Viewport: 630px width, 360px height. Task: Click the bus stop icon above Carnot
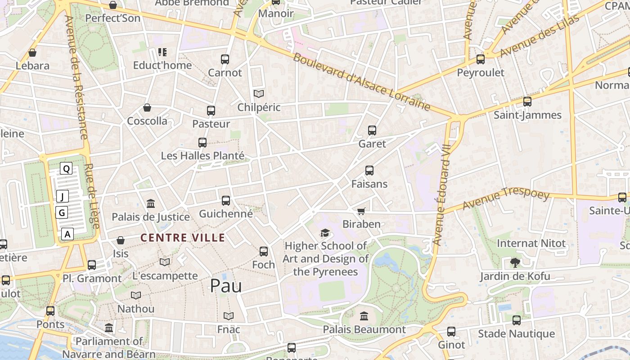(x=225, y=59)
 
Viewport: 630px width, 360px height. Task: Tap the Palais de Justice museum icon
(x=151, y=204)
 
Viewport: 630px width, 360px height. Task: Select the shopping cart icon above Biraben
(x=361, y=211)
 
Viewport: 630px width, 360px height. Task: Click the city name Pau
(x=226, y=286)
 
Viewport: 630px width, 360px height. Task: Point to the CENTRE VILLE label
(x=182, y=238)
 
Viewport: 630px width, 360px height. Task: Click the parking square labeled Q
(x=66, y=169)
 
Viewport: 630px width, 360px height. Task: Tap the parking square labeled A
(x=67, y=234)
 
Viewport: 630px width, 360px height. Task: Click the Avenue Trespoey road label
(x=506, y=199)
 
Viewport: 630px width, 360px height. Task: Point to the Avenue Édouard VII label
(x=441, y=194)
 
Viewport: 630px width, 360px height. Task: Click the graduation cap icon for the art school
(x=325, y=233)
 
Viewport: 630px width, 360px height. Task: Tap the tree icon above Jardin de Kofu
(x=515, y=262)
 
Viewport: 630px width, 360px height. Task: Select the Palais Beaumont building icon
(x=364, y=316)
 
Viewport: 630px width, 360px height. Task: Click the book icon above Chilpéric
(x=259, y=94)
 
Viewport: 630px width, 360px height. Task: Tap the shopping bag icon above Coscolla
(x=147, y=108)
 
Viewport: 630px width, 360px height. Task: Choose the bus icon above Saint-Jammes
(x=527, y=102)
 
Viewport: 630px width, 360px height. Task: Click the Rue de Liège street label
(x=91, y=196)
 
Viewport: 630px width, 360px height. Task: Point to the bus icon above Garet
(x=372, y=130)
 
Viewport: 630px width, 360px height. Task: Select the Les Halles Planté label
(x=202, y=156)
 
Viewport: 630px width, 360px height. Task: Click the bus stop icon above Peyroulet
(x=481, y=59)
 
